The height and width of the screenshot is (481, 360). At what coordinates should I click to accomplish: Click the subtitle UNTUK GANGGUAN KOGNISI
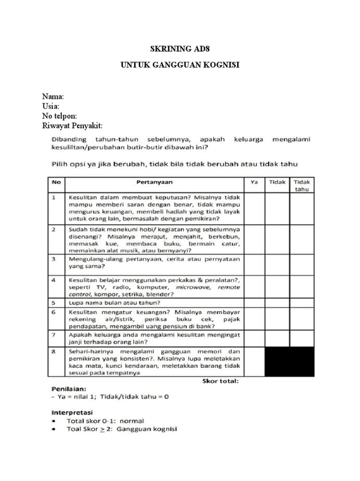180,65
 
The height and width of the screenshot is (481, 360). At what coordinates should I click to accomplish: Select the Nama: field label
53,96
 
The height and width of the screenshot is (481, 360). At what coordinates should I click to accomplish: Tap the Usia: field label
51,106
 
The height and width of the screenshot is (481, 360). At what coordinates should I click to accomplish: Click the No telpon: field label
60,116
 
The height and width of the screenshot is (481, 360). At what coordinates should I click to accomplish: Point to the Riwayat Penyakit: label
72,126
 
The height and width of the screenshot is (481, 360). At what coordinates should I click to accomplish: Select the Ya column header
254,181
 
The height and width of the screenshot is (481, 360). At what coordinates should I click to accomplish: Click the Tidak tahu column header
301,185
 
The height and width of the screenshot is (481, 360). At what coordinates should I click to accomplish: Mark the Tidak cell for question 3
277,263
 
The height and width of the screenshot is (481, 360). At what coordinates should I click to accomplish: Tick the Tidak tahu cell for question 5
301,303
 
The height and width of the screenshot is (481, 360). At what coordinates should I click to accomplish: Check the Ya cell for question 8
254,362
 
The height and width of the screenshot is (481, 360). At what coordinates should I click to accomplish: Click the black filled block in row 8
289,362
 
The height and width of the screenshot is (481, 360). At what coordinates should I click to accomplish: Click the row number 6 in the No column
54,311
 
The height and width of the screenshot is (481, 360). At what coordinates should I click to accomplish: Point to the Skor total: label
221,381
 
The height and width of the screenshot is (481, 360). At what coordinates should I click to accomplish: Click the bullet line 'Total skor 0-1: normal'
105,420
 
